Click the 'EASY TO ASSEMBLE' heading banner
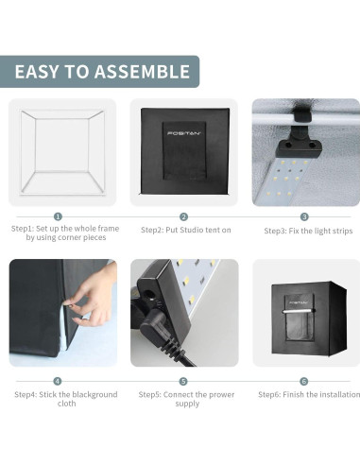(101, 72)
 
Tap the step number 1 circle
(59, 216)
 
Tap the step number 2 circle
(183, 216)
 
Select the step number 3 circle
(304, 216)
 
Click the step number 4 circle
(59, 381)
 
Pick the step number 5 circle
(183, 381)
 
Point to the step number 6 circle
(304, 381)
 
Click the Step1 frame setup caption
(59, 233)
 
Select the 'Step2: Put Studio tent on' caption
(183, 230)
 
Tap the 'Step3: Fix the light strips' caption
(305, 230)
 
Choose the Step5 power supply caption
(183, 398)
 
